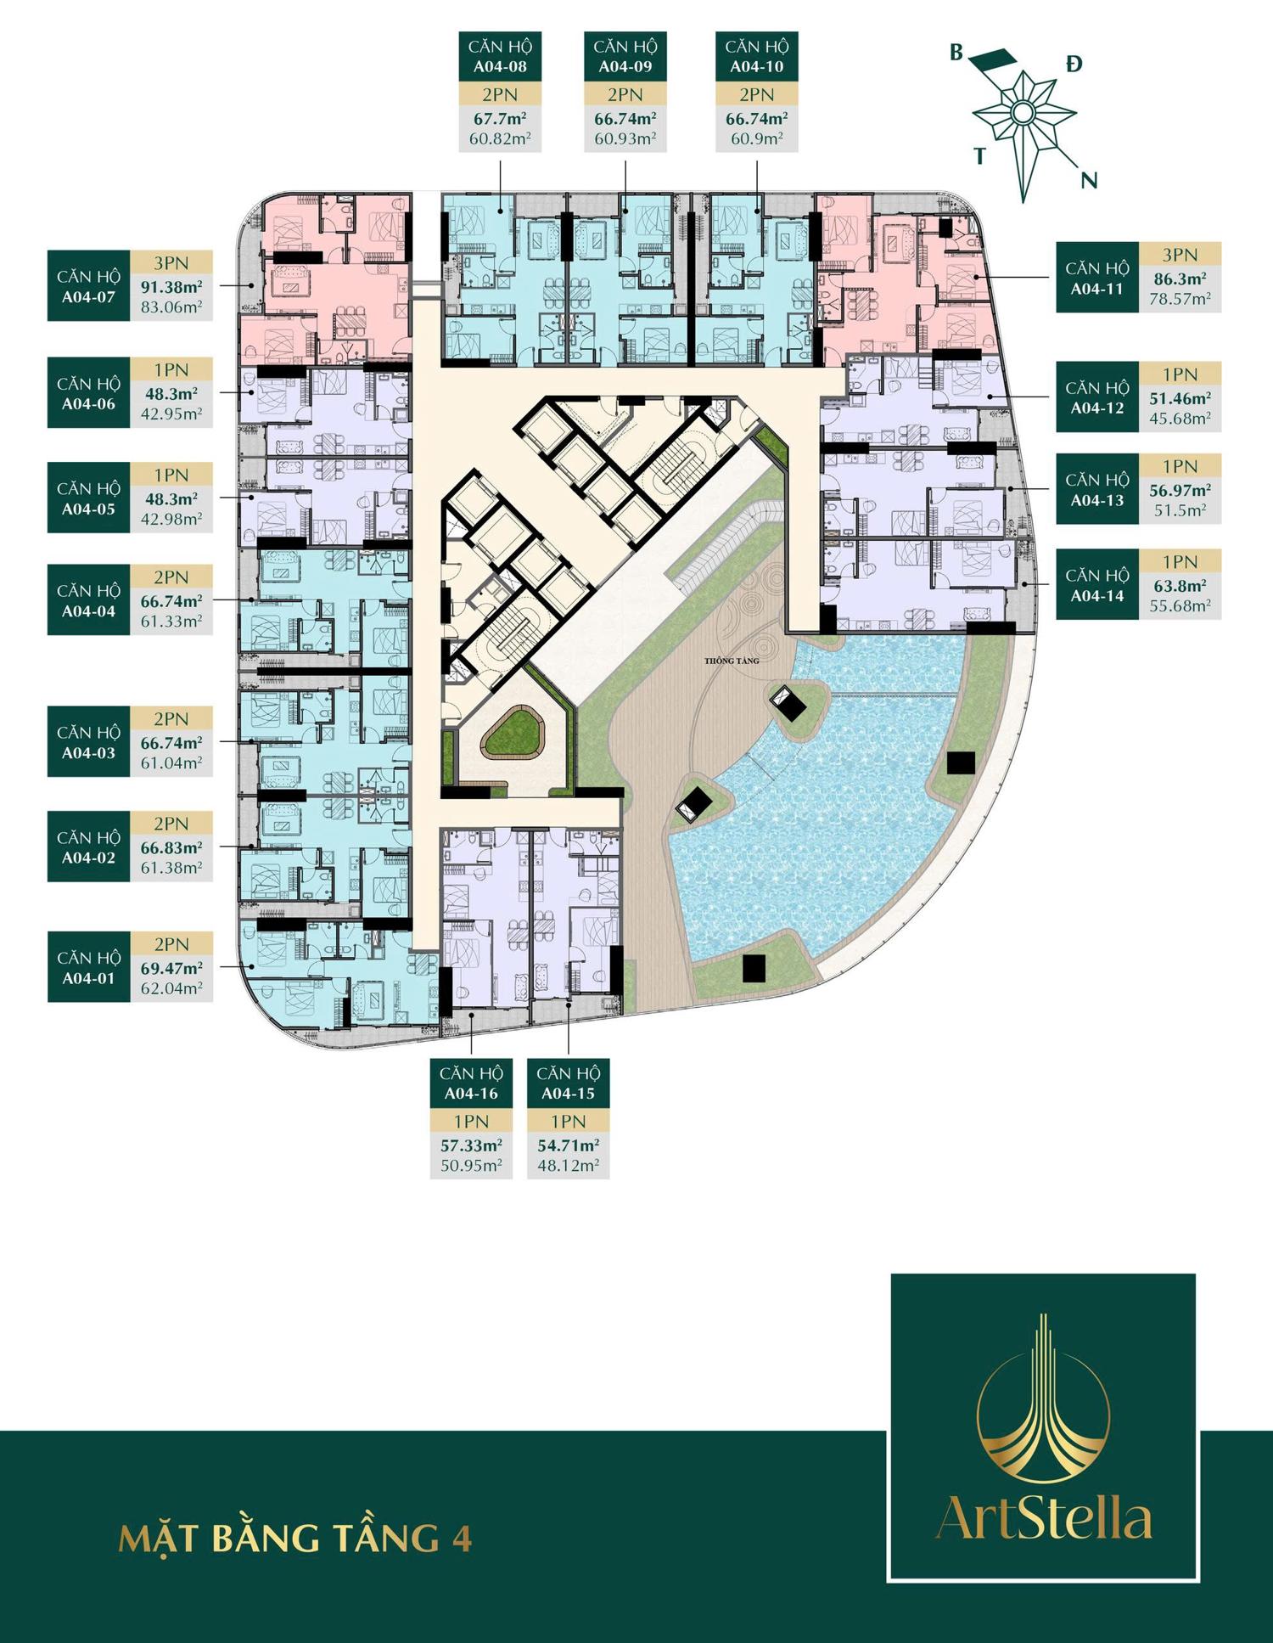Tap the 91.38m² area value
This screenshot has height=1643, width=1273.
(x=171, y=286)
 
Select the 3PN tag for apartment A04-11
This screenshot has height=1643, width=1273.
(x=1180, y=254)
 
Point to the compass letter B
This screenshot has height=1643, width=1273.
(x=956, y=53)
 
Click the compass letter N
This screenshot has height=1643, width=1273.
(x=1089, y=180)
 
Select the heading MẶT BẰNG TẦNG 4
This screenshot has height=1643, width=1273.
(x=295, y=1538)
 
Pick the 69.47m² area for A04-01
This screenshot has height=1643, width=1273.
(x=171, y=967)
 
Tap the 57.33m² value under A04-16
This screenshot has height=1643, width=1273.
(x=471, y=1145)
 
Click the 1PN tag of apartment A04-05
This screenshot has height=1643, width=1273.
(x=171, y=475)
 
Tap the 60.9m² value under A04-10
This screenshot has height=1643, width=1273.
(x=756, y=138)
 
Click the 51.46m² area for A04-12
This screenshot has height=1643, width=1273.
(x=1180, y=397)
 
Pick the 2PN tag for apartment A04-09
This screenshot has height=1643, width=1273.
(x=625, y=93)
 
